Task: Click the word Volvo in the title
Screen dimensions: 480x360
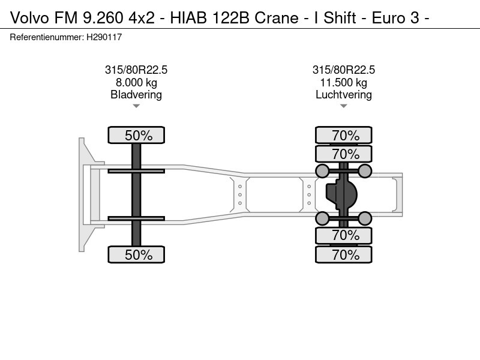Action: click(x=29, y=18)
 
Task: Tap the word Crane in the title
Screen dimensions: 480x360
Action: click(x=277, y=18)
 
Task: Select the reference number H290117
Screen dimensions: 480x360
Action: click(x=104, y=37)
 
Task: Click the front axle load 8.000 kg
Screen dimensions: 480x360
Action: click(x=136, y=82)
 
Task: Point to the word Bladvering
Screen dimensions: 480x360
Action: click(x=136, y=95)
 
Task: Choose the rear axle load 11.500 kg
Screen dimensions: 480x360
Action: click(x=343, y=82)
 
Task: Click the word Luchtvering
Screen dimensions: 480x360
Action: click(x=343, y=95)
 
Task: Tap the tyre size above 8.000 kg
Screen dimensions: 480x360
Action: click(x=136, y=70)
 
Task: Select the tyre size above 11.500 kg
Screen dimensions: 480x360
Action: click(x=343, y=70)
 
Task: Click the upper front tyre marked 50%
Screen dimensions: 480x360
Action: click(x=136, y=135)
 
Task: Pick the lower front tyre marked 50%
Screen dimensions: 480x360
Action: click(x=136, y=254)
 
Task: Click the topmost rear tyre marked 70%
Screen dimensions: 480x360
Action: click(x=343, y=135)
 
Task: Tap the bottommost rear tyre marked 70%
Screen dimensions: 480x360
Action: click(x=343, y=254)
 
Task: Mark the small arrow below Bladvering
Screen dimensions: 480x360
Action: click(x=136, y=106)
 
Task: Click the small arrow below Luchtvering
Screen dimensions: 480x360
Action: click(x=343, y=106)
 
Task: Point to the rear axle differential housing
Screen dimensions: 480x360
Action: click(x=341, y=194)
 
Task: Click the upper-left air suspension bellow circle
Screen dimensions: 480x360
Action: click(x=322, y=171)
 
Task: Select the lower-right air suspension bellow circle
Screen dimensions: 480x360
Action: click(x=365, y=218)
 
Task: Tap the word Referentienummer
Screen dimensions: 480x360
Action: click(x=47, y=37)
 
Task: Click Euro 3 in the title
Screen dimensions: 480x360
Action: click(x=395, y=18)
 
